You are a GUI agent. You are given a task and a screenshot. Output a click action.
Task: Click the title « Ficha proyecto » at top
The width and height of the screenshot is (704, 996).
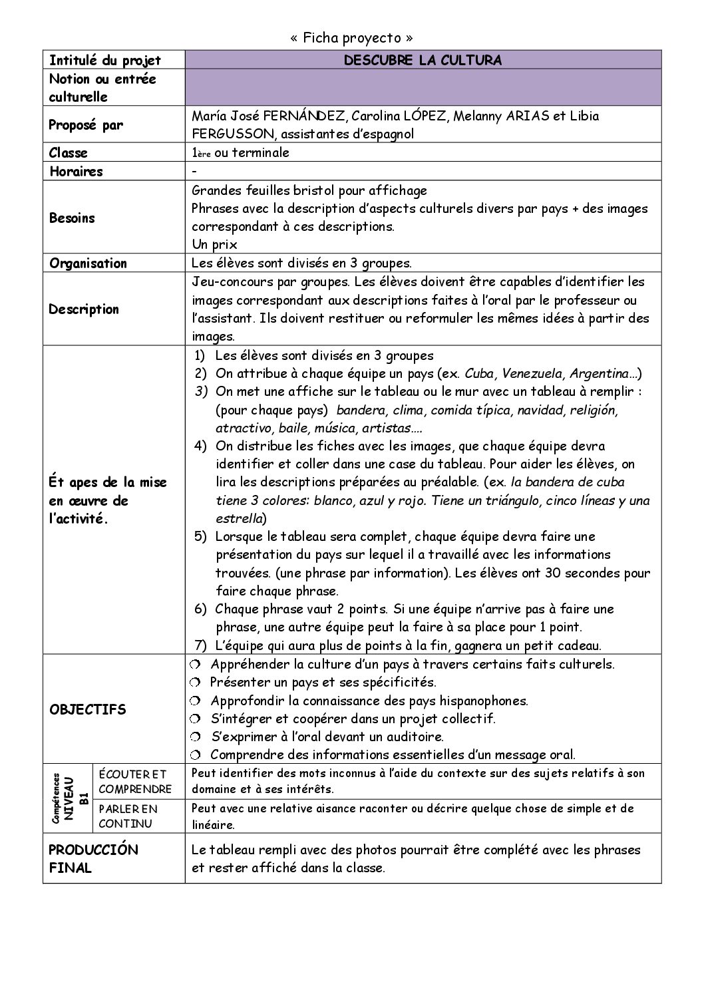click(x=351, y=38)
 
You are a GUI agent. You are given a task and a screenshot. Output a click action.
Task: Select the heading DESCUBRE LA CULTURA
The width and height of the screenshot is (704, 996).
click(x=423, y=61)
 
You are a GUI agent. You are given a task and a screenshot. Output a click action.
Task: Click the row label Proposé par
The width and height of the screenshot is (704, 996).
click(x=86, y=125)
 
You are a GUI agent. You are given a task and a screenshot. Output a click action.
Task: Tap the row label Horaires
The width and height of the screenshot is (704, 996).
click(x=77, y=172)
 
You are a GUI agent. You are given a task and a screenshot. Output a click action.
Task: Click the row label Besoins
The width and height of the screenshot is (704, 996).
click(x=72, y=218)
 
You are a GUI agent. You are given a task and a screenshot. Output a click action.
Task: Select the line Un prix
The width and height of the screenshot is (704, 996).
click(x=216, y=245)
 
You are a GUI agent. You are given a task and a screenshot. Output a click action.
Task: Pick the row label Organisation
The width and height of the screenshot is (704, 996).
click(x=88, y=263)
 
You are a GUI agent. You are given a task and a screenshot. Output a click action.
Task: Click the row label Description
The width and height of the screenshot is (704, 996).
click(x=84, y=309)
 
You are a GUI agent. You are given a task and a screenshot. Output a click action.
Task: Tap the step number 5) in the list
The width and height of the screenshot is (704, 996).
click(x=201, y=536)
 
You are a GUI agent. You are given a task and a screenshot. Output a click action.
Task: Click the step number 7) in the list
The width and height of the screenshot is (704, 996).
click(x=201, y=645)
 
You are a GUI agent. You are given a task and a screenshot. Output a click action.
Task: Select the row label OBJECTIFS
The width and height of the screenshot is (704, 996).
click(x=87, y=709)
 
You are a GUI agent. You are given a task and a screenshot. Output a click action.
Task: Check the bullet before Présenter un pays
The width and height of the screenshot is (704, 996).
click(x=194, y=683)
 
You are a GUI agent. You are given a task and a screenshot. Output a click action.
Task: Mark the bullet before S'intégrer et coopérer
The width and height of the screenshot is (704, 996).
click(x=194, y=719)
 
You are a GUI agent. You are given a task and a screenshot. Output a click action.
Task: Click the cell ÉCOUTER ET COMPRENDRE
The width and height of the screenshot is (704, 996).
click(x=135, y=782)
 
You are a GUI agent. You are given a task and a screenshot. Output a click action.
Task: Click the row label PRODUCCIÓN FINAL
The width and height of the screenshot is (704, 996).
click(x=94, y=859)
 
